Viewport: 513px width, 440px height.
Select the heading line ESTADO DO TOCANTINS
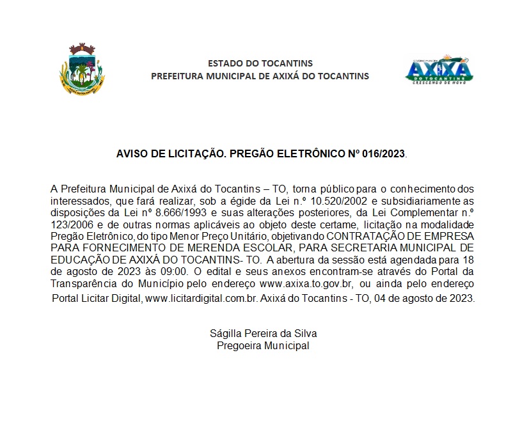(x=260, y=63)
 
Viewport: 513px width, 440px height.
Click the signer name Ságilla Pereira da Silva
(x=264, y=334)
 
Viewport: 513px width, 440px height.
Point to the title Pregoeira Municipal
(x=264, y=345)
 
